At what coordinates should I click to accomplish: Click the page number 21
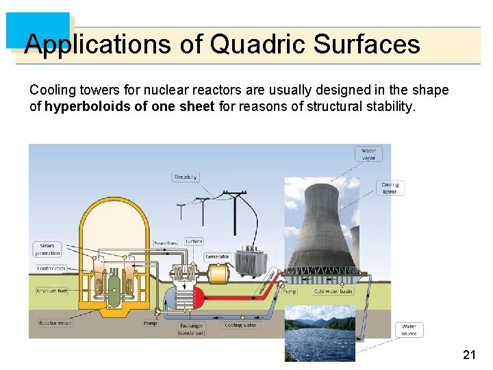click(x=469, y=354)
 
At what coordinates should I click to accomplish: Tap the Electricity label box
click(x=185, y=177)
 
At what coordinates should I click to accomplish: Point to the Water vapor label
click(x=368, y=154)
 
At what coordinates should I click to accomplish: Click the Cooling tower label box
click(x=390, y=188)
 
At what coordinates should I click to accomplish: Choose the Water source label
click(x=409, y=330)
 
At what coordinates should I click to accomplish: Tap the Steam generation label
click(x=47, y=249)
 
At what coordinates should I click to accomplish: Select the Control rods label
click(x=51, y=269)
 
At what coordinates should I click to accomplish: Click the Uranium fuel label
click(x=51, y=291)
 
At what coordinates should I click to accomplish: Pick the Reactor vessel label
click(x=52, y=322)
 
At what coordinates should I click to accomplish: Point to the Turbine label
click(x=194, y=242)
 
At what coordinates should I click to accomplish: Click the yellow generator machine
click(x=219, y=274)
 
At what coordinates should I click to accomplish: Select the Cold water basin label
click(x=333, y=291)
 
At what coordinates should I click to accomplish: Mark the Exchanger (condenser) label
click(x=191, y=329)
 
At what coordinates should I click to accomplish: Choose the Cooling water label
click(x=240, y=325)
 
